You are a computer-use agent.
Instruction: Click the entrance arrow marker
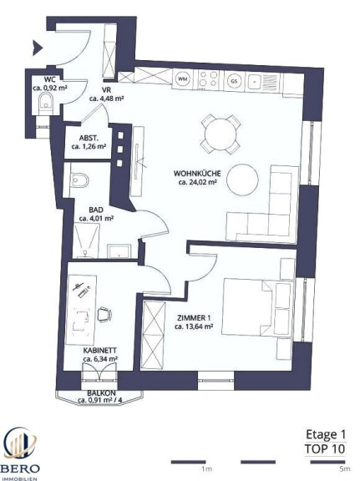coord(37,48)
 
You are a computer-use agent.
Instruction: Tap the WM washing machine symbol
coord(183,79)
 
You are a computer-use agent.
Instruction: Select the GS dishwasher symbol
coord(234,81)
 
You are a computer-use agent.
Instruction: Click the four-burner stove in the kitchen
coord(209,78)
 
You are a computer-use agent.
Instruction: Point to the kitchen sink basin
coord(254,82)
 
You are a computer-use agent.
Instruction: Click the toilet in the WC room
coord(46,104)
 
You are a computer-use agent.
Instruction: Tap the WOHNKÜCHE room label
coord(197,174)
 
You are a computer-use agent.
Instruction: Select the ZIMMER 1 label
coord(194,318)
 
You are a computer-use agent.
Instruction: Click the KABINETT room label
coord(100,351)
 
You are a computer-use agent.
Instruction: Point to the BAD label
coord(96,210)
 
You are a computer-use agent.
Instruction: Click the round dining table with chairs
coord(221,134)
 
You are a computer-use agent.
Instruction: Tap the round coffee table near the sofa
coord(242,180)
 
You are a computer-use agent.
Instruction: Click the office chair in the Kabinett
coord(104,314)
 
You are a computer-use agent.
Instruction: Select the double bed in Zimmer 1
coord(256,306)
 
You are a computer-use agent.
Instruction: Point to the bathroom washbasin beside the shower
coord(119,251)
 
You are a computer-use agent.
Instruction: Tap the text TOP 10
coord(325,448)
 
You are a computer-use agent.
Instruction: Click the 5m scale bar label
coord(345,468)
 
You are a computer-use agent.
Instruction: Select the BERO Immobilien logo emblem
coord(20,444)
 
